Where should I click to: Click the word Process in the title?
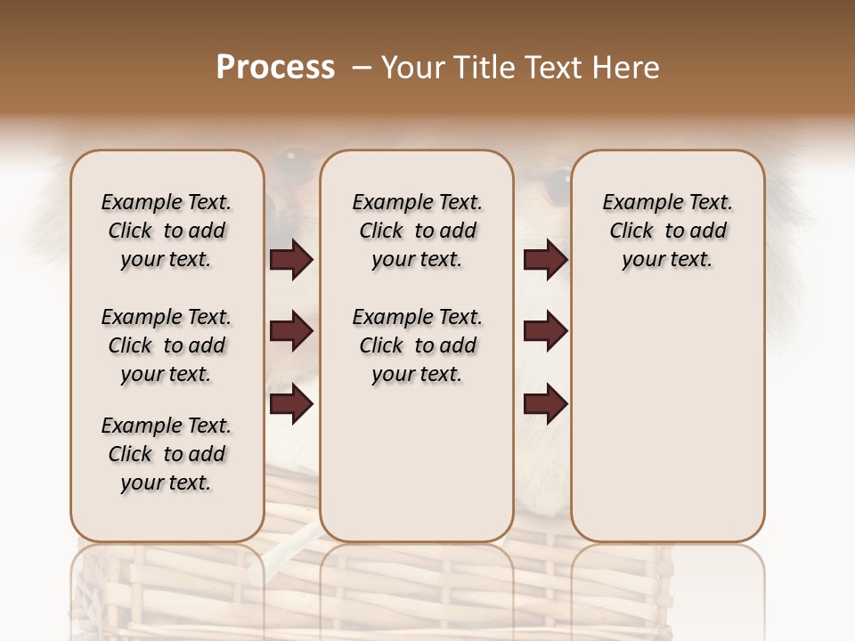point(275,68)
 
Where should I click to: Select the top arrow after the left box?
point(291,260)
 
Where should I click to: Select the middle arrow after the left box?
point(291,332)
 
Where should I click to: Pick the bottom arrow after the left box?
point(291,405)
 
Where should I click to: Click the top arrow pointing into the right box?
point(545,260)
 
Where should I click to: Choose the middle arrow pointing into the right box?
point(545,332)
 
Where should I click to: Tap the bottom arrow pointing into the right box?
point(545,405)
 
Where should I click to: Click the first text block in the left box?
point(167,231)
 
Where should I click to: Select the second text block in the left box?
point(167,345)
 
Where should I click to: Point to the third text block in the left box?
point(167,454)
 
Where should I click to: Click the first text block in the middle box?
point(417,231)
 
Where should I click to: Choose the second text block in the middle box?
point(417,345)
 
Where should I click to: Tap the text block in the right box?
point(667,231)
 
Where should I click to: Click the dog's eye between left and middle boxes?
point(290,161)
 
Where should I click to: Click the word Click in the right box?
point(631,231)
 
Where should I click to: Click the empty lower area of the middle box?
point(417,463)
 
